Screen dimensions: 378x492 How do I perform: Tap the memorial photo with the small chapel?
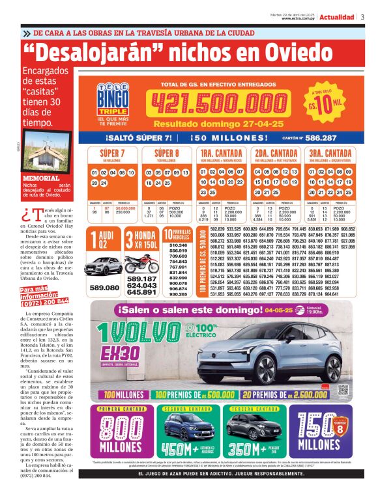click(47, 151)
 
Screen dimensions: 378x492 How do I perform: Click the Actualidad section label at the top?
click(337, 17)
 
